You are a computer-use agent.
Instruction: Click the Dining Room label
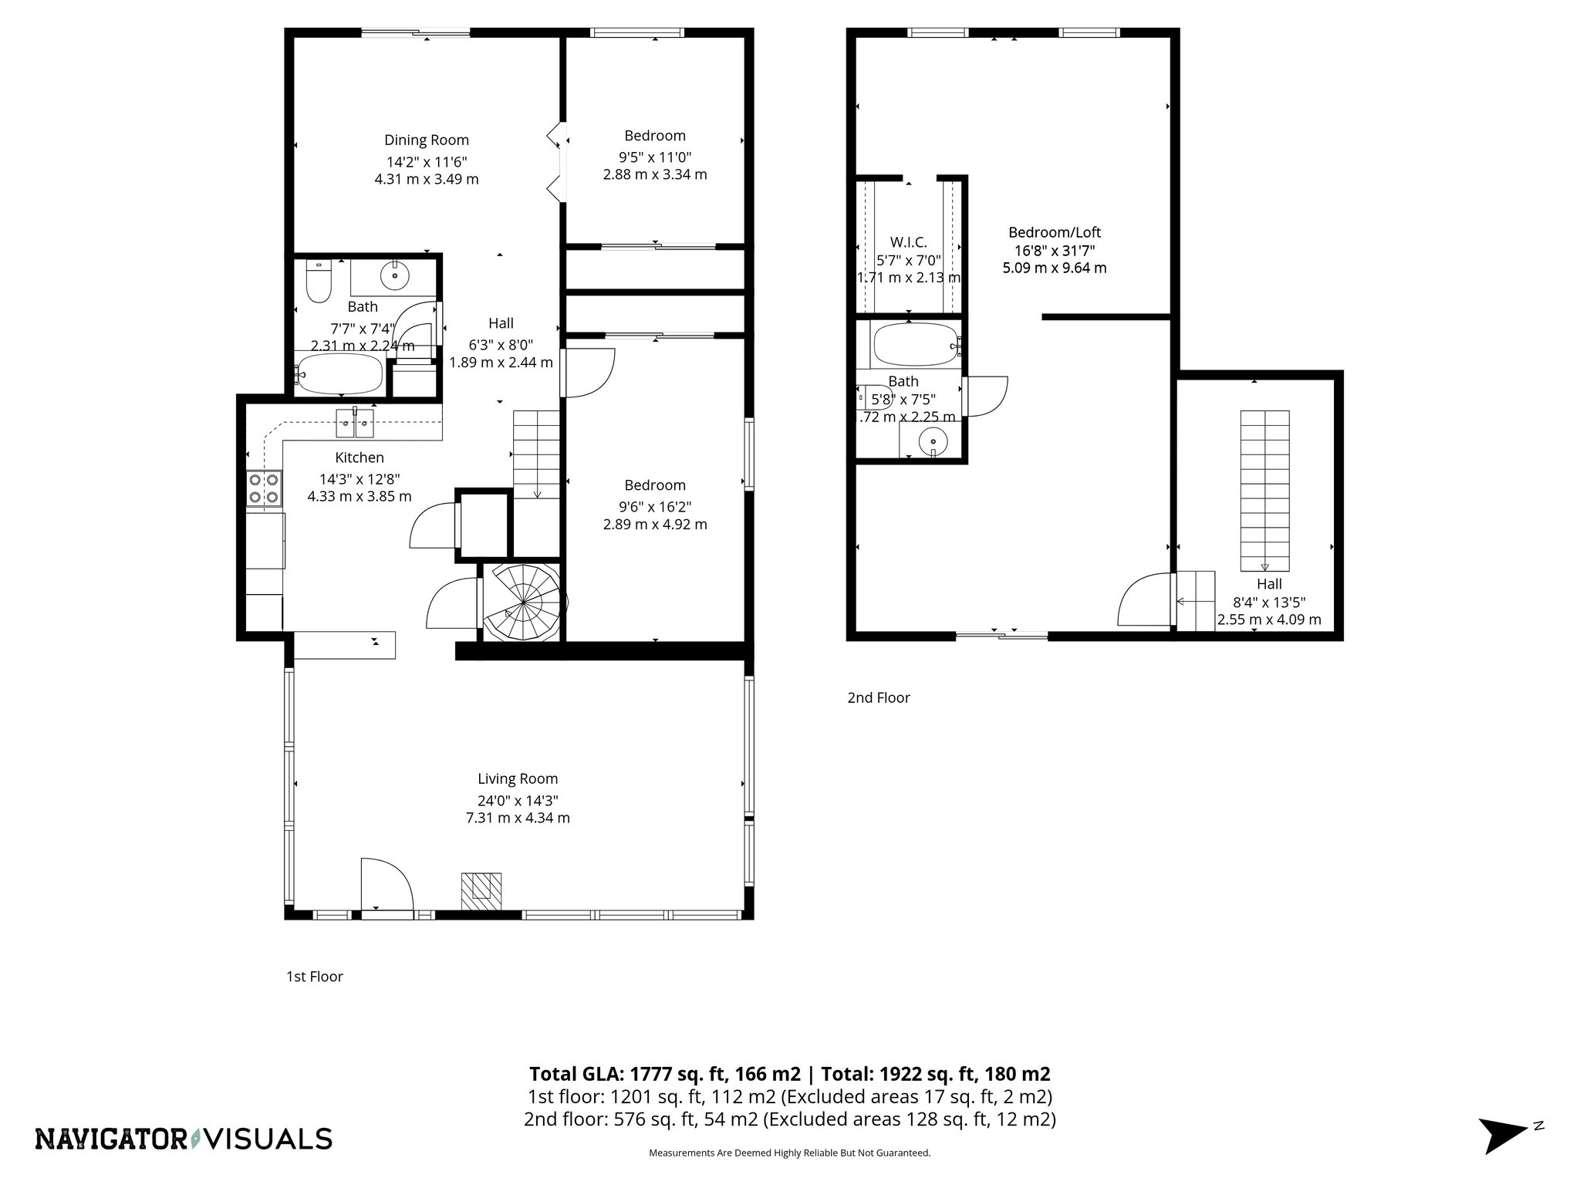coord(427,140)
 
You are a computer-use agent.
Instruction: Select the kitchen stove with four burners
coord(264,488)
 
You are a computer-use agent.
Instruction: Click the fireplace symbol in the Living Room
coord(481,891)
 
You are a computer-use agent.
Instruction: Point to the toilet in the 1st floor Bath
coord(318,282)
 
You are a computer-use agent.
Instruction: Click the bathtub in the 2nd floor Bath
coord(915,346)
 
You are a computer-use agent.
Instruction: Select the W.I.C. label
coord(908,242)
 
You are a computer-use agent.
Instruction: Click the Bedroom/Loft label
coord(1055,232)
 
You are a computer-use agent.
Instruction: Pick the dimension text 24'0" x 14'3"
coord(518,801)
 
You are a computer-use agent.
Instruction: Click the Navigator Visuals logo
coord(184,1139)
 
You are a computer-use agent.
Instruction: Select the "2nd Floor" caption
coord(879,697)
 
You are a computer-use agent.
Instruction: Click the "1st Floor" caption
coord(314,977)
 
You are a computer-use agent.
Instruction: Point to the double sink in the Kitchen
coord(355,423)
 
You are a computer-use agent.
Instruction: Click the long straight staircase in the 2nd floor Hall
coord(1264,489)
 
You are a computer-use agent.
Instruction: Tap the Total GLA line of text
coord(789,1074)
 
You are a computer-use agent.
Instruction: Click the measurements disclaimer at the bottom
coord(789,1174)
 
